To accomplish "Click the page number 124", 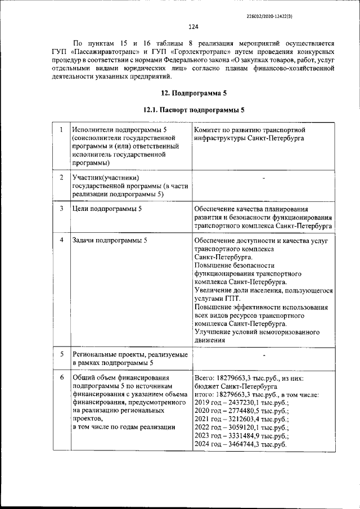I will (x=192, y=26).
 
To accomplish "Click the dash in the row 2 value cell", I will (x=263, y=178).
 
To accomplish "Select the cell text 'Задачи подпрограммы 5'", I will (x=110, y=241).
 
